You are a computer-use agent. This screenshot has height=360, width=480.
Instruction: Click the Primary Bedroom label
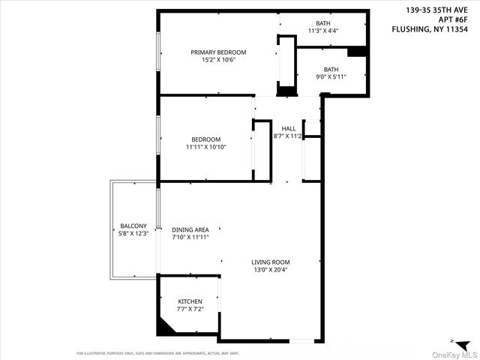218,52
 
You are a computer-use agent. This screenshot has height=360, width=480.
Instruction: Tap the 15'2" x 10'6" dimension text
218,60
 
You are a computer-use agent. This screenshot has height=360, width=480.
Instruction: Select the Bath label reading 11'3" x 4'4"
323,27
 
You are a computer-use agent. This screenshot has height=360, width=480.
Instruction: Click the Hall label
289,129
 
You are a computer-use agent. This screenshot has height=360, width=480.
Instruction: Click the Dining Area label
190,229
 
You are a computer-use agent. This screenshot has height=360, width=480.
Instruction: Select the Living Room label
271,262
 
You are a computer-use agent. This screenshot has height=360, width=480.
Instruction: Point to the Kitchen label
190,301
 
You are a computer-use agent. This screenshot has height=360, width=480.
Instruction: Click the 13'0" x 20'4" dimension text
271,270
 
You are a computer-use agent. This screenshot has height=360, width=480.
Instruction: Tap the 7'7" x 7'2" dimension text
190,309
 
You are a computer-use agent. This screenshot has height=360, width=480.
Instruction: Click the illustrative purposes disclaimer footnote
157,352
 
